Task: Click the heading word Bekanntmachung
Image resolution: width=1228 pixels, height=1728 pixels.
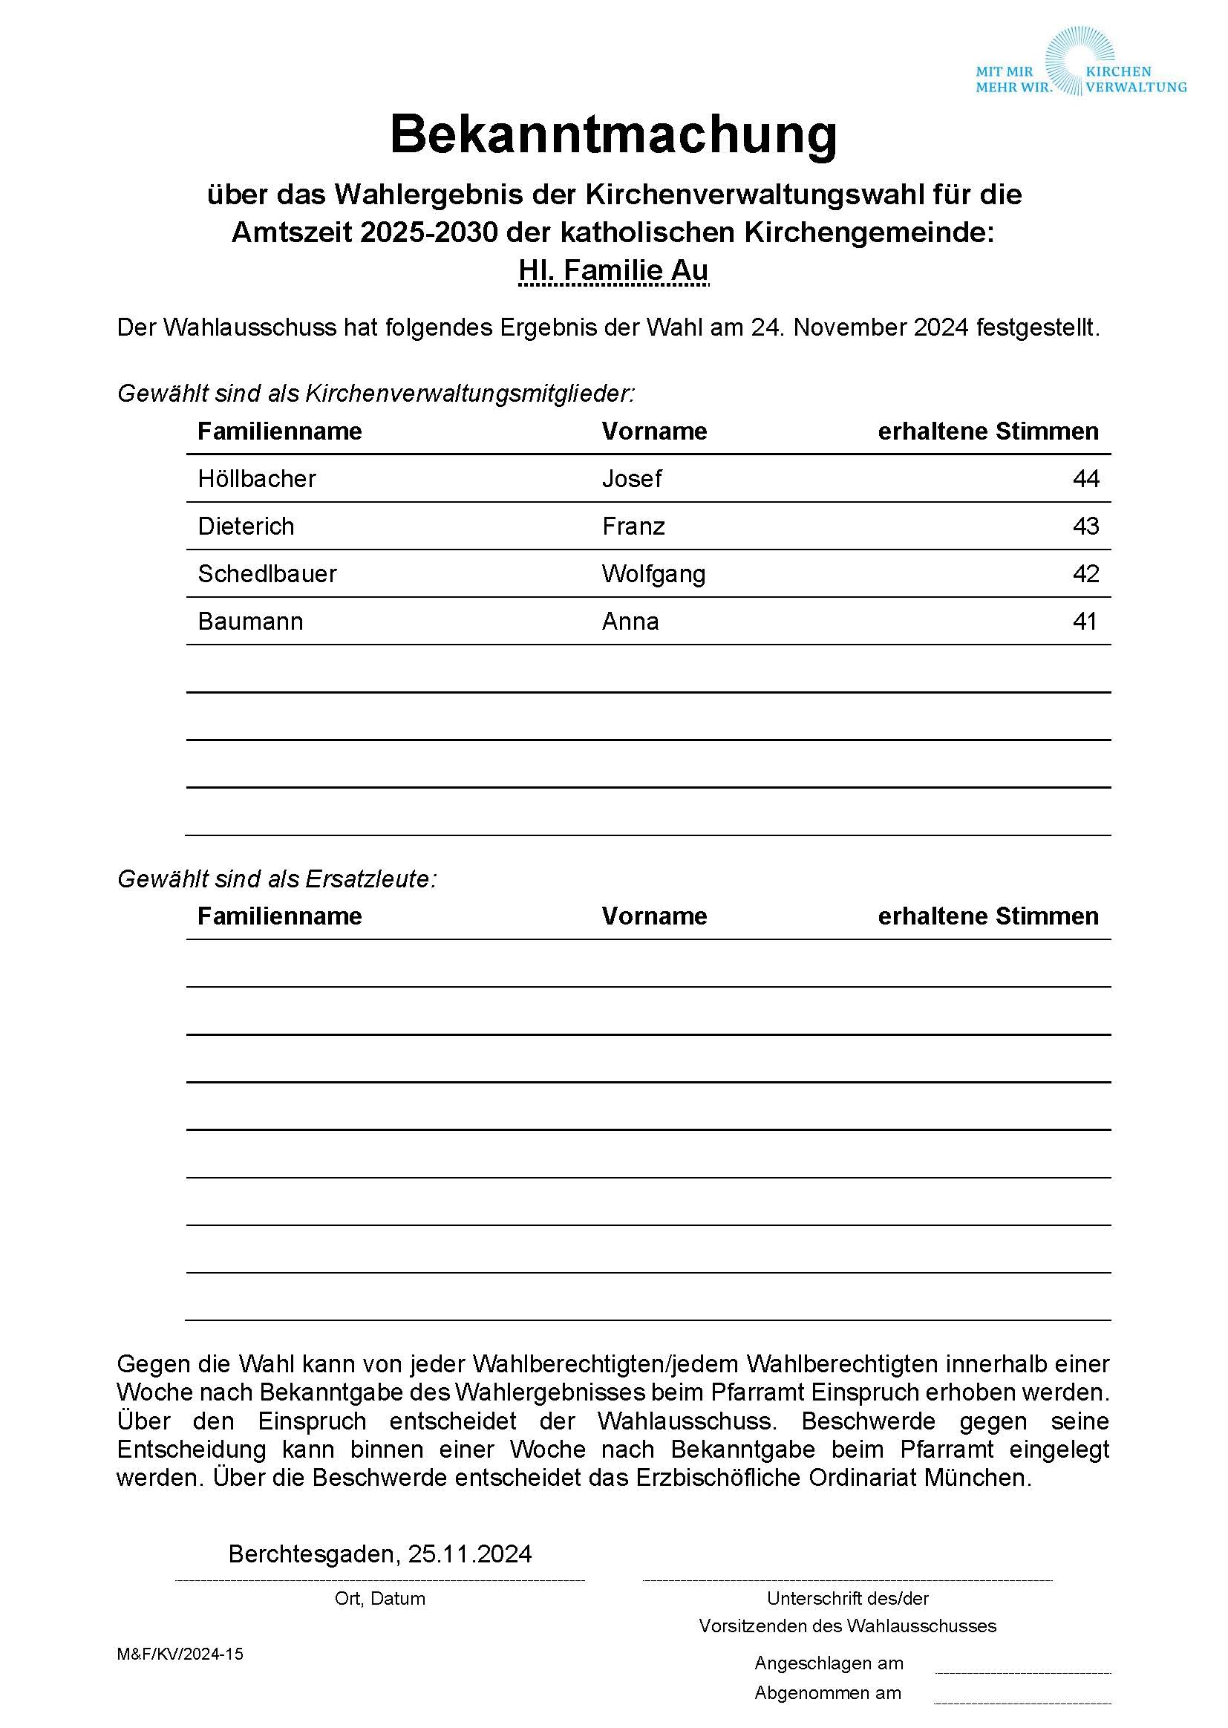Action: coord(613,134)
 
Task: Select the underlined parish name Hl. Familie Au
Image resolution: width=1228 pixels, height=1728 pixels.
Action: coord(613,270)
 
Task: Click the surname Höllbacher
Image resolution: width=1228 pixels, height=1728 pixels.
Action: coord(256,479)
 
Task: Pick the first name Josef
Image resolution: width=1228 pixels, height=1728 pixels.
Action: coord(631,479)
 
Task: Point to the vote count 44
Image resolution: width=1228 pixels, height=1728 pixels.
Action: coord(1085,479)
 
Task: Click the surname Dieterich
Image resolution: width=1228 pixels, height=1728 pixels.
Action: coord(246,526)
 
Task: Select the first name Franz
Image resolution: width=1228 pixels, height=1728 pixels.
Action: coord(633,526)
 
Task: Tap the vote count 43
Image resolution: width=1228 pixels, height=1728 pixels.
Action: coord(1085,526)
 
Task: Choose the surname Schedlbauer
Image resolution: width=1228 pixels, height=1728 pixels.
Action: coord(267,574)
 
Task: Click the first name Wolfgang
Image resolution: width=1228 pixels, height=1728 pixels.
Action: coord(653,574)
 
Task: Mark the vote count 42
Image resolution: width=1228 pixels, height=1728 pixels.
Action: coord(1085,574)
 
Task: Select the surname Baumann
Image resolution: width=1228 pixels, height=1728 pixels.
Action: coord(250,622)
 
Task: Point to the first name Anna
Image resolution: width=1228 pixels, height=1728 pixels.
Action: coord(630,622)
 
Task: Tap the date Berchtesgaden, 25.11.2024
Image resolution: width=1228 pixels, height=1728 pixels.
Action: coord(379,1553)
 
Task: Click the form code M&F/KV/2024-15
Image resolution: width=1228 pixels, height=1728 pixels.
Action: coord(180,1654)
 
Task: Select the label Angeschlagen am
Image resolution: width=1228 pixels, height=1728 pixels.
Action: coord(828,1663)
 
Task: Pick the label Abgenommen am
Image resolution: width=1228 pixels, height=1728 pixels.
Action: coord(827,1692)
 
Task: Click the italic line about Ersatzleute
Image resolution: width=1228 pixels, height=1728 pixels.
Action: coord(277,878)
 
